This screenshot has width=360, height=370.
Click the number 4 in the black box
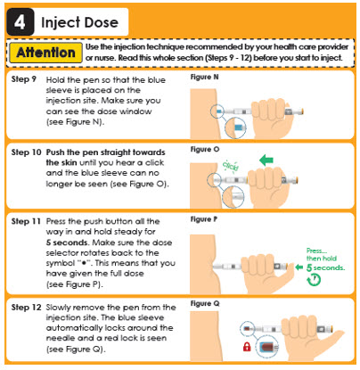(20, 22)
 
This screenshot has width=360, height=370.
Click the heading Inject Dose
(79, 22)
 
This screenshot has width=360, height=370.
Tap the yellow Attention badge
(45, 53)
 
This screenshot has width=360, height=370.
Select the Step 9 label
(24, 79)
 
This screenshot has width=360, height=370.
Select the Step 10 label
(26, 152)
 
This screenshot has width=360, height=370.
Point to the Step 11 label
(26, 221)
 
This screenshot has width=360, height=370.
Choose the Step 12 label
(26, 307)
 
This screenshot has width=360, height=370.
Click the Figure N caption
(204, 77)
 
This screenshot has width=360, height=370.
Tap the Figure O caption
(205, 149)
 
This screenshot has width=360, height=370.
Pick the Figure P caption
(204, 219)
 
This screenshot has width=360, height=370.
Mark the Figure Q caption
(205, 304)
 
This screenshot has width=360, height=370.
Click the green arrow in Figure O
(266, 160)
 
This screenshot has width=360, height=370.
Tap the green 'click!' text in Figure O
(231, 166)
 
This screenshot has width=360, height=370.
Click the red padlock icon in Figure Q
(247, 347)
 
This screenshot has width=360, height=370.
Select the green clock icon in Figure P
(314, 279)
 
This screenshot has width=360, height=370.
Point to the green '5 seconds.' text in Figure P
(325, 267)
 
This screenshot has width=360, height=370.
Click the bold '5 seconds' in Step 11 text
(67, 243)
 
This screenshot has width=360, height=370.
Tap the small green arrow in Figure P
(299, 267)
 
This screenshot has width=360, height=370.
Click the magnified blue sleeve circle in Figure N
(235, 128)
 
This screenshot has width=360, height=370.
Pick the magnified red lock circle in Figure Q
(266, 347)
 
